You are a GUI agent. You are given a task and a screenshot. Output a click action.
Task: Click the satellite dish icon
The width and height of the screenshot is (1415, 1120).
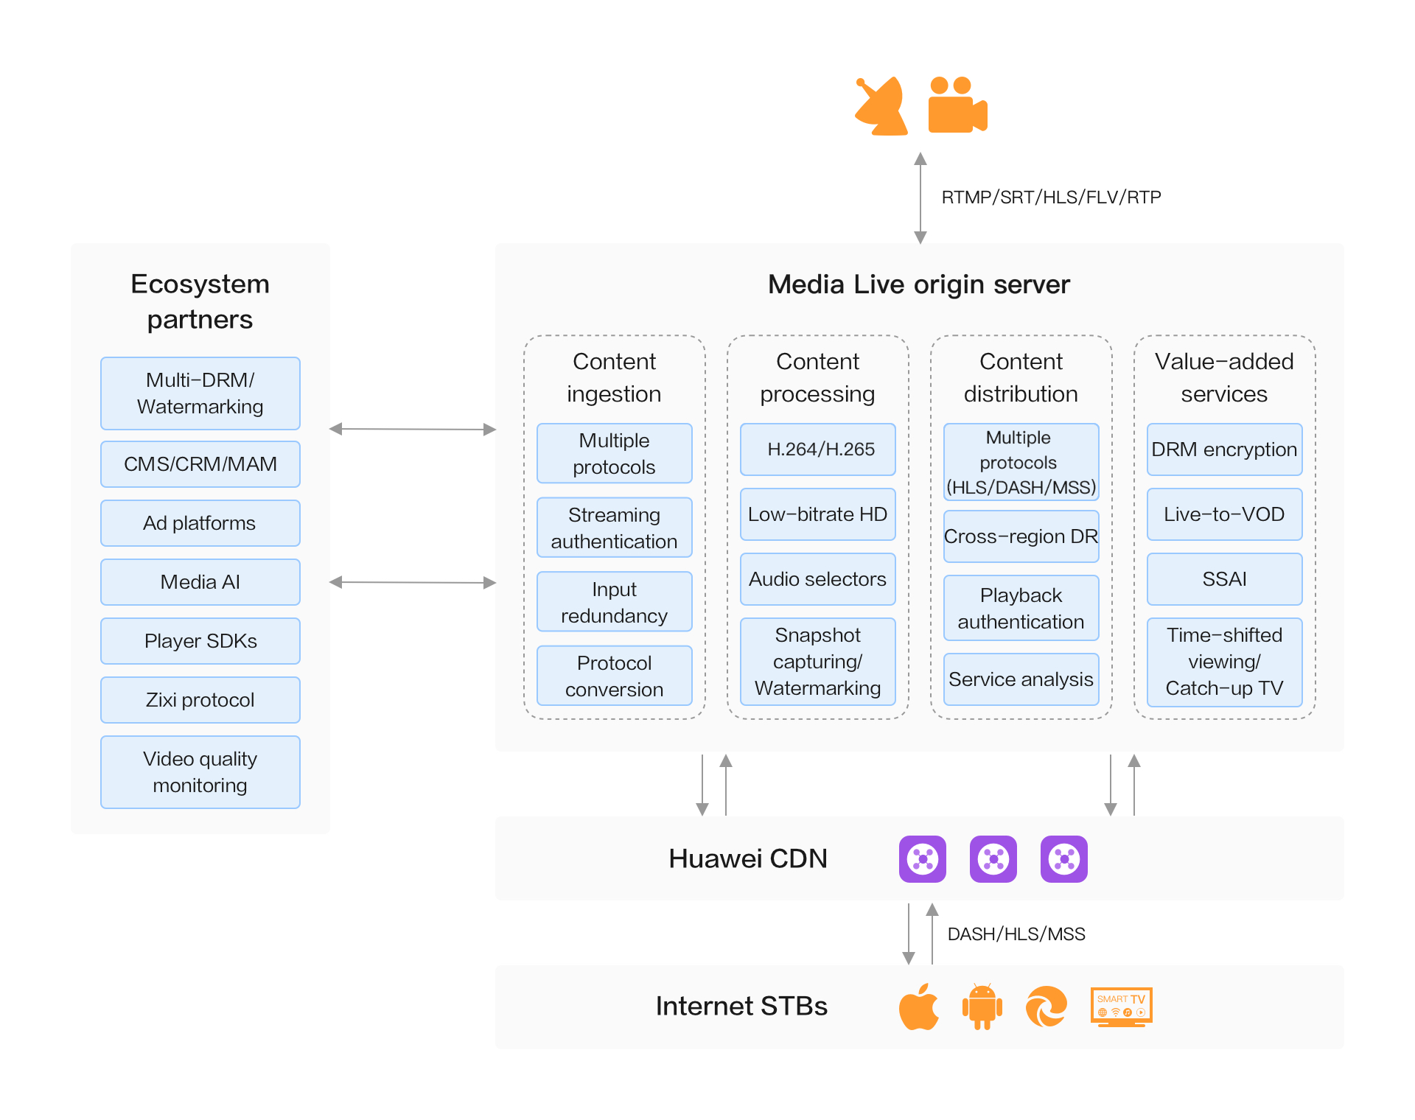coord(882,107)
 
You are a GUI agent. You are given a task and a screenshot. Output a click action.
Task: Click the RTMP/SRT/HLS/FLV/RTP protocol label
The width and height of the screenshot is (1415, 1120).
coord(1051,197)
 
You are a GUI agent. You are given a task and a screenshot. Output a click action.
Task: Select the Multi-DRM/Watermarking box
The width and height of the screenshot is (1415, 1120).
coord(200,393)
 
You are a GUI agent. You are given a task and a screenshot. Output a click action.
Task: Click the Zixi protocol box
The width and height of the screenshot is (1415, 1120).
coord(200,700)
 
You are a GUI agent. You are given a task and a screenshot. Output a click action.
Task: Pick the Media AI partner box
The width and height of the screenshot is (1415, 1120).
coord(200,582)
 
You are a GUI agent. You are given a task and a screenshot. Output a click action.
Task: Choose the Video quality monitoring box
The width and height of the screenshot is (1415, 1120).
coord(200,772)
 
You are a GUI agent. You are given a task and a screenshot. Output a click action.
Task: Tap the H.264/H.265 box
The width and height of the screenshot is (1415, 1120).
coord(818,449)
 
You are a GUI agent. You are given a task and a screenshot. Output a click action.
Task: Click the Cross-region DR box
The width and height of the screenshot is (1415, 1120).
coord(1021,536)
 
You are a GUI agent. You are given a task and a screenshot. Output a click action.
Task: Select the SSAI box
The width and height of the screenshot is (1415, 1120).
coord(1224,579)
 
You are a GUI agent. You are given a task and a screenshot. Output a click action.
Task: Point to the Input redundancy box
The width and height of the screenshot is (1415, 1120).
coord(614,602)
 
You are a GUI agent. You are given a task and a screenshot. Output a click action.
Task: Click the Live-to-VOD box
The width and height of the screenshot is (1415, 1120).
coord(1224,514)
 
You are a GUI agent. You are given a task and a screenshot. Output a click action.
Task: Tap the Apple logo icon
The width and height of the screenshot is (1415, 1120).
coord(919,1007)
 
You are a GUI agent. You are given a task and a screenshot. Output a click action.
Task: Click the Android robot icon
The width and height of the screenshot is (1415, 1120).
coord(982,1007)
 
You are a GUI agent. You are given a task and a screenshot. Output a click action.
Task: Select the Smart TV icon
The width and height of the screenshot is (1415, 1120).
coord(1121,1007)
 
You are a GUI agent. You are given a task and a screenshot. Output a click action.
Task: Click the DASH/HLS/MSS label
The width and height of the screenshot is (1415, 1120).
coord(1016,934)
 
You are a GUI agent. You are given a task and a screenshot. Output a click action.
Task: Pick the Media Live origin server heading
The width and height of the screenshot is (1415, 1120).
coord(918,284)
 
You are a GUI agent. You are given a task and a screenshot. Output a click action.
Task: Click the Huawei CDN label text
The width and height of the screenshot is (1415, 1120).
coord(747,859)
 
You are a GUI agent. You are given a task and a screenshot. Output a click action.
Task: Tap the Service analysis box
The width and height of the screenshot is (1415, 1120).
coord(1021,679)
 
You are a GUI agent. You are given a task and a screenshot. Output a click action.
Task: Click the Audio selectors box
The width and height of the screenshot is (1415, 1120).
coord(818,579)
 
